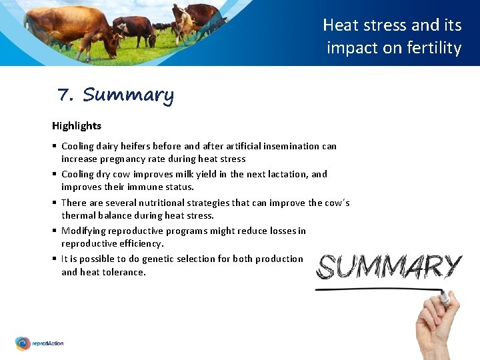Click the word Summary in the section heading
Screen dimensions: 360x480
[128, 95]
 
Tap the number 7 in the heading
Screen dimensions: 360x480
[65, 96]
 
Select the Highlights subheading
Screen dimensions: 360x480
[77, 125]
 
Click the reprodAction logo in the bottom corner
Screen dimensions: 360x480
[40, 343]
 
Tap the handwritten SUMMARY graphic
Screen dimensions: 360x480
[389, 267]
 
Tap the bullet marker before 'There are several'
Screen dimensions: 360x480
[54, 203]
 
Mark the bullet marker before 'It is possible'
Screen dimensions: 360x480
[54, 259]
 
